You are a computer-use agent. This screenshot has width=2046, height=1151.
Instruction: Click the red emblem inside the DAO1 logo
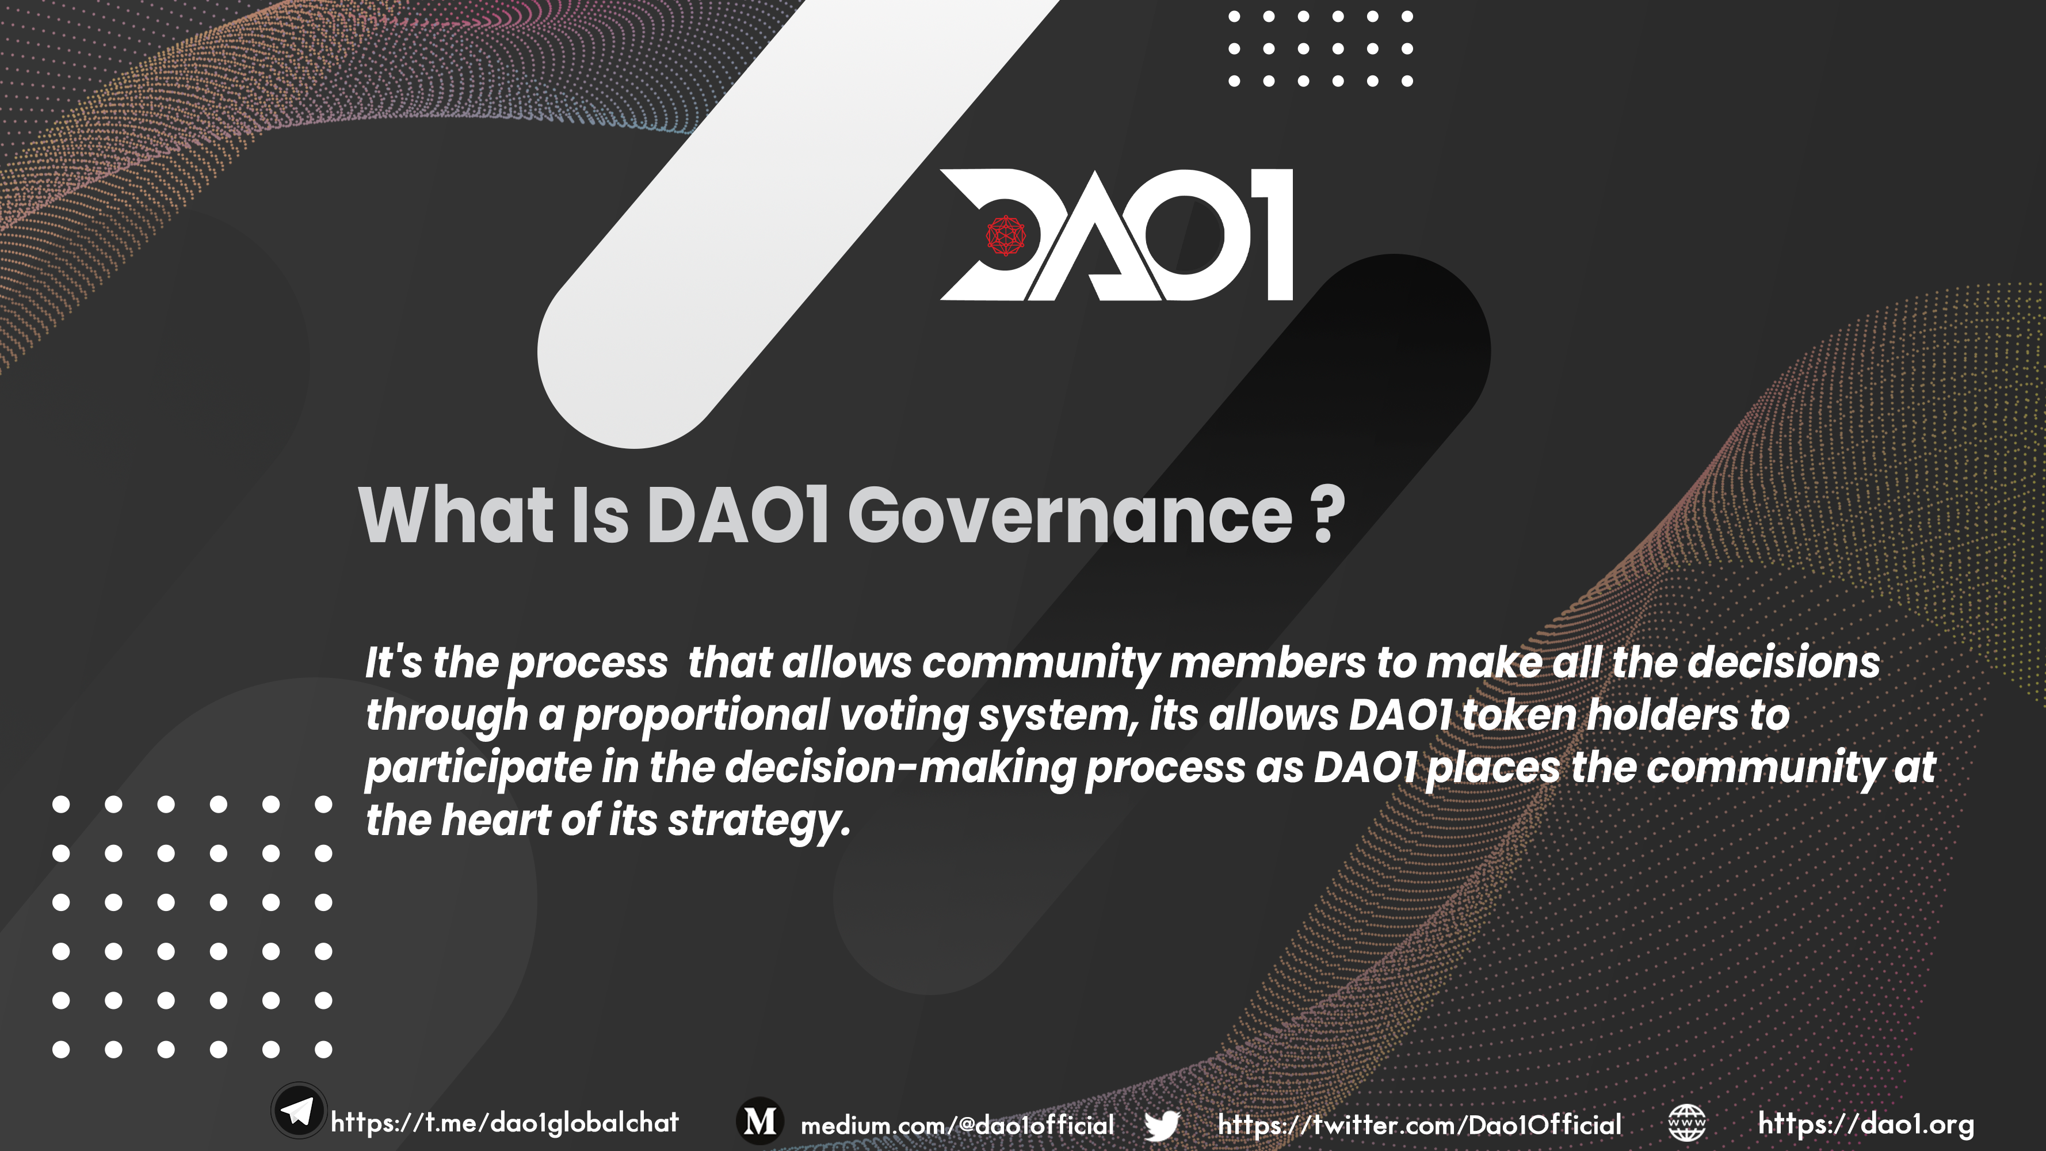click(x=1006, y=236)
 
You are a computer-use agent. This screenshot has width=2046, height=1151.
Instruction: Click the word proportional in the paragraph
click(x=701, y=716)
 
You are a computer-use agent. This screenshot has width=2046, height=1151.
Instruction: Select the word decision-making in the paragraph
click(x=900, y=769)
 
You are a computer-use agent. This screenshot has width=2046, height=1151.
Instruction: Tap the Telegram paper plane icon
click(x=299, y=1111)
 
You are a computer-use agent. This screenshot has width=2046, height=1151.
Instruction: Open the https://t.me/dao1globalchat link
click(x=505, y=1122)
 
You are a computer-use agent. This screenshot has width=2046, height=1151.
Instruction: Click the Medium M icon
click(x=760, y=1121)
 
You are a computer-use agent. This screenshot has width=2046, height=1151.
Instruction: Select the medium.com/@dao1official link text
click(x=957, y=1125)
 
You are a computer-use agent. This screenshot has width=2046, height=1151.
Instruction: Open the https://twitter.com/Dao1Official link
click(x=1419, y=1125)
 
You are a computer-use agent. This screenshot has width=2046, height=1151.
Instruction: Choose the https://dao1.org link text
click(x=1866, y=1124)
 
